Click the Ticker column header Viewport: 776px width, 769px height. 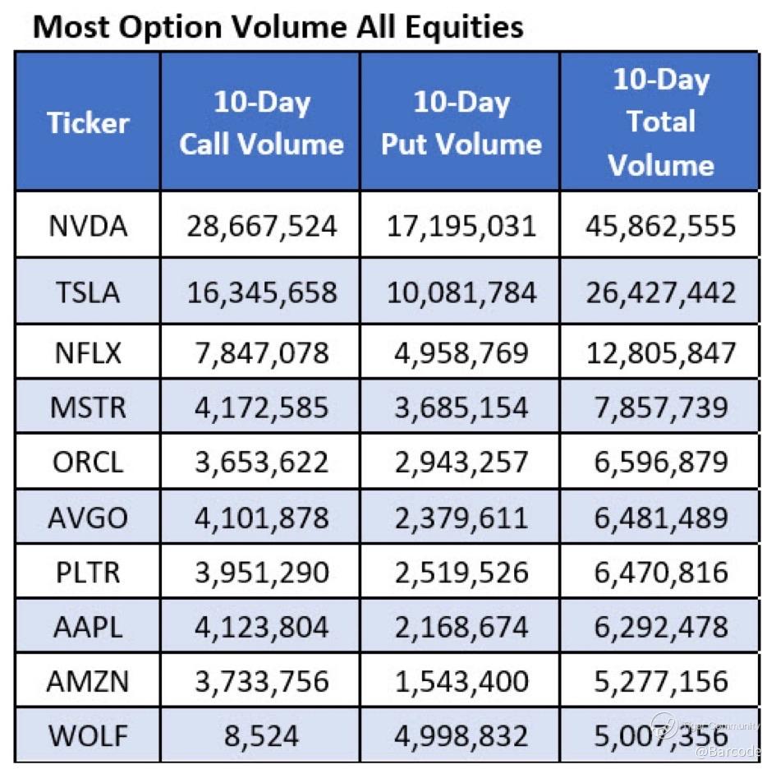tap(88, 123)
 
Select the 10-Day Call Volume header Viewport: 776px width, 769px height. tap(261, 123)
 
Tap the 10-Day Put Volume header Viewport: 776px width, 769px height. tap(461, 123)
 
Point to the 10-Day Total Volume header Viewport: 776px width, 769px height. tap(660, 122)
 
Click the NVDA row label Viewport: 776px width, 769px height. tap(88, 226)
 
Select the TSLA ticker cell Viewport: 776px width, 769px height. tap(88, 292)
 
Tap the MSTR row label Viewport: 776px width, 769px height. tap(88, 407)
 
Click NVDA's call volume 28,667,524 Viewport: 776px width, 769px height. tap(261, 226)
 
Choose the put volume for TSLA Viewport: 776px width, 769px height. tap(461, 292)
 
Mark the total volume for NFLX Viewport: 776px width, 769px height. tap(660, 352)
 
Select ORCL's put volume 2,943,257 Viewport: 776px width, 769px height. tap(461, 462)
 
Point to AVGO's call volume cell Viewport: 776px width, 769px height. tap(261, 518)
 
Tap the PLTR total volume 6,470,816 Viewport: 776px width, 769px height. tap(660, 573)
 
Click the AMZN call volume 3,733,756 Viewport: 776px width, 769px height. tap(261, 682)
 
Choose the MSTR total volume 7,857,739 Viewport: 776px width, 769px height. tap(660, 407)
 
